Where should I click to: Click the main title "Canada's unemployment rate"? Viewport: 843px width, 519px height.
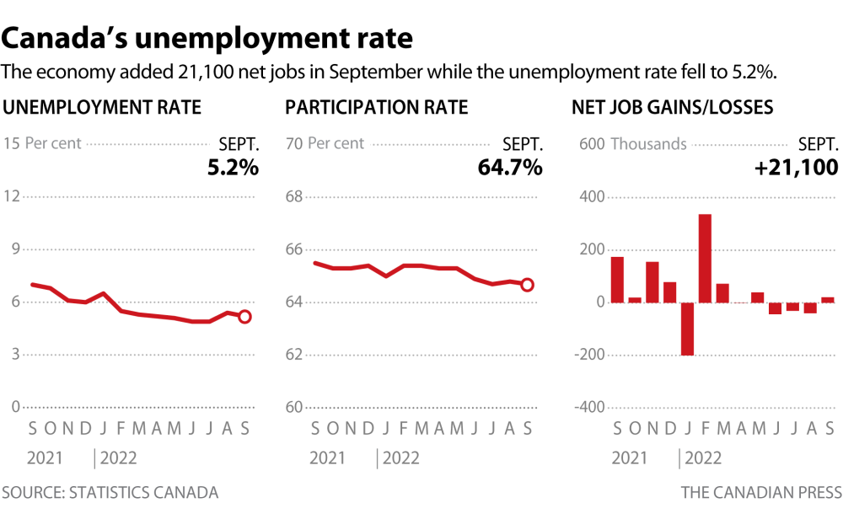[x=208, y=38]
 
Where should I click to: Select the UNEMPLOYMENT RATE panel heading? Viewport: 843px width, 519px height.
[x=103, y=108]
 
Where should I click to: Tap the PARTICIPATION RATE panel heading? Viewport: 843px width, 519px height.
[x=377, y=108]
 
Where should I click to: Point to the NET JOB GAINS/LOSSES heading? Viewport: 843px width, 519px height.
[x=673, y=108]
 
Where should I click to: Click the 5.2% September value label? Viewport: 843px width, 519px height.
[x=233, y=168]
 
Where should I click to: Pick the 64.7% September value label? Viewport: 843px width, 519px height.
[x=510, y=168]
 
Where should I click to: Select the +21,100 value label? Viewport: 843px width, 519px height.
[x=796, y=168]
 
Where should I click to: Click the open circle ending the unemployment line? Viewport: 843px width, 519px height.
[x=244, y=316]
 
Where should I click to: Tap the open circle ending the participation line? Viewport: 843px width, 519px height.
[x=528, y=285]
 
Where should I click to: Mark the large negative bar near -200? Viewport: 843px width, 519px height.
[x=687, y=329]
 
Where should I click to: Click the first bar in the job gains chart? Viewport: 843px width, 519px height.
[x=617, y=280]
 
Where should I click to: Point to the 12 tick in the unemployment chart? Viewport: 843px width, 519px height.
[x=12, y=196]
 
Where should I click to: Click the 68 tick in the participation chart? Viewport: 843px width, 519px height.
[x=294, y=196]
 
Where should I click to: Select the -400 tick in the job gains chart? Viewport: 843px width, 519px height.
[x=590, y=407]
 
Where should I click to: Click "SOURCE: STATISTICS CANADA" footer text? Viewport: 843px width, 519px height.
[x=110, y=492]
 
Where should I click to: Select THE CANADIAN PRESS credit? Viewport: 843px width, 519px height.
[x=760, y=492]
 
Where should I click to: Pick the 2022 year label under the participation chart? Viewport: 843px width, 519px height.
[x=401, y=458]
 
